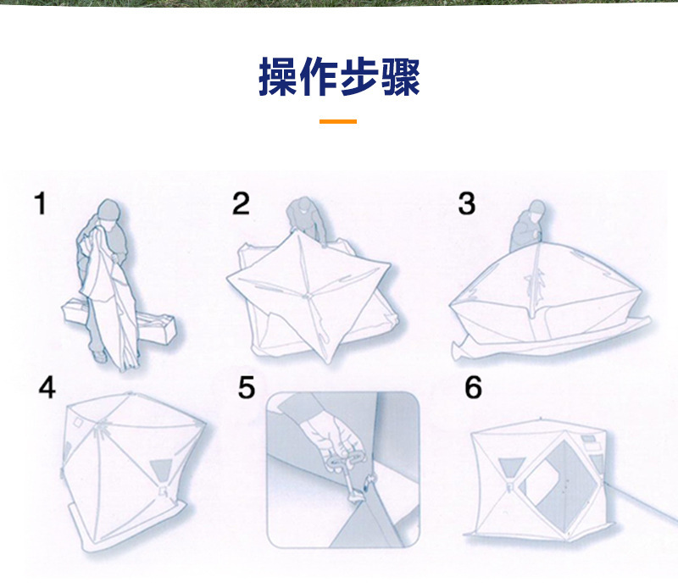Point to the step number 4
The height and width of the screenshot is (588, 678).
click(47, 387)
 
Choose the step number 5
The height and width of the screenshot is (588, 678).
click(247, 388)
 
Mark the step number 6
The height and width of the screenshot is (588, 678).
click(474, 388)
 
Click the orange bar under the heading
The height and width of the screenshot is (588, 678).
click(338, 122)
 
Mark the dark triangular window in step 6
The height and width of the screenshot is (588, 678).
click(511, 467)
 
